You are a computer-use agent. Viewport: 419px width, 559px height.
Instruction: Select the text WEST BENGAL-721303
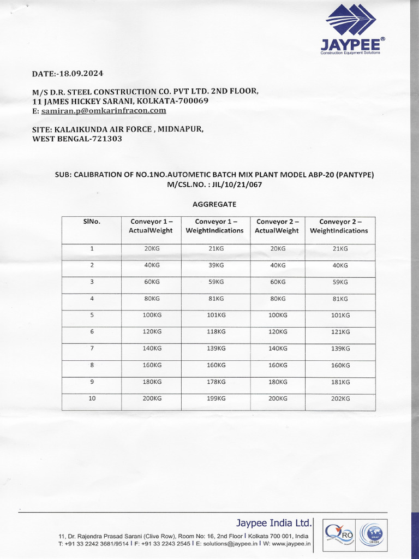click(77, 139)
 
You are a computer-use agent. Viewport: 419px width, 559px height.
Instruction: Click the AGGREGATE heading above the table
click(214, 204)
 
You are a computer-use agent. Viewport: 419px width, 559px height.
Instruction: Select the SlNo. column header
click(92, 222)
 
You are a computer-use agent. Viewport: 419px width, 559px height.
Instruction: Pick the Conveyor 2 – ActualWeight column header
click(277, 226)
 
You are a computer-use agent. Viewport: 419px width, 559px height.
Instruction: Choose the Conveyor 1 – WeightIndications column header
click(214, 226)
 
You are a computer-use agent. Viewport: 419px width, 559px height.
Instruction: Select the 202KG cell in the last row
click(340, 399)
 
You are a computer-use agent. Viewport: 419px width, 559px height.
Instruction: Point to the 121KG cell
click(340, 332)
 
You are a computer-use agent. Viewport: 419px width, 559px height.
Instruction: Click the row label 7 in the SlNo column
click(92, 348)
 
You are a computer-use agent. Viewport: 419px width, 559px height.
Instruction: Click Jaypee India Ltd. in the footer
click(274, 522)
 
